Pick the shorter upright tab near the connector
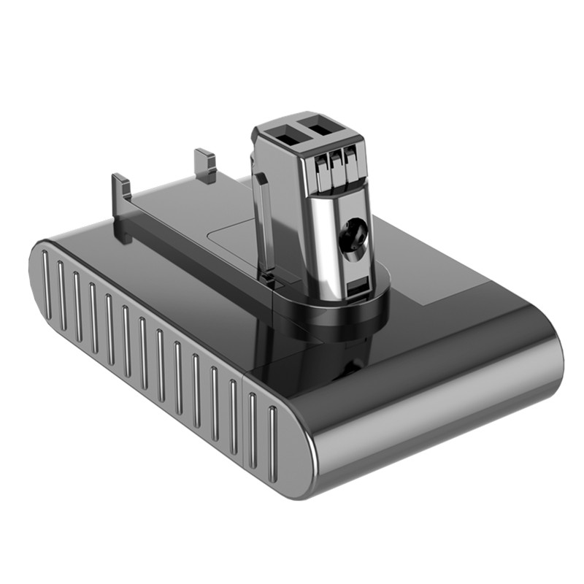click(205, 166)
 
